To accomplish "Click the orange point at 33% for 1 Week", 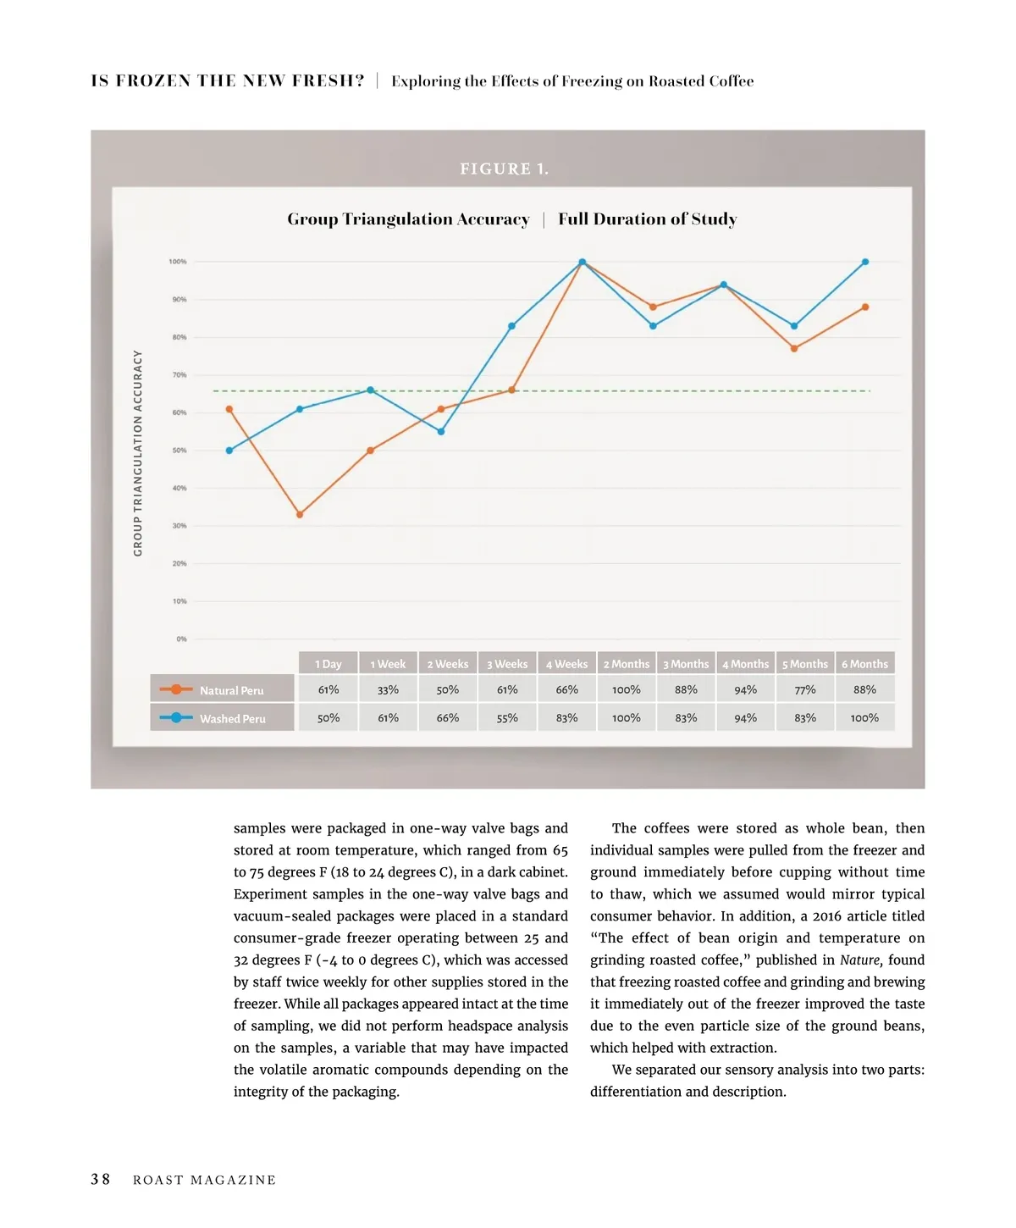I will pyautogui.click(x=300, y=514).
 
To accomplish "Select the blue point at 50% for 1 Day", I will pyautogui.click(x=229, y=451).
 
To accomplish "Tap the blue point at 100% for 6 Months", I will pyautogui.click(x=865, y=263).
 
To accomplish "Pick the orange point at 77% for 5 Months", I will pyautogui.click(x=794, y=349).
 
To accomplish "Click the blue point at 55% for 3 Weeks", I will pyautogui.click(x=441, y=432).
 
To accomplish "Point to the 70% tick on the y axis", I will pyautogui.click(x=179, y=375).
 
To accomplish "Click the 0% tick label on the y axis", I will pyautogui.click(x=181, y=639).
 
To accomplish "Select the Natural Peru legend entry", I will pyautogui.click(x=223, y=690).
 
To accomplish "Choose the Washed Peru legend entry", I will pyautogui.click(x=223, y=718).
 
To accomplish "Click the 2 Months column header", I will pyautogui.click(x=627, y=664).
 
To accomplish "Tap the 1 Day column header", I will pyautogui.click(x=329, y=664).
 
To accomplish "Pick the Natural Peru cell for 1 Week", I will pyautogui.click(x=388, y=690).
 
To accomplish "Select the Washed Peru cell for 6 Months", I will pyautogui.click(x=864, y=718).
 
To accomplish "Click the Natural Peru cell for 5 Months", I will pyautogui.click(x=805, y=690).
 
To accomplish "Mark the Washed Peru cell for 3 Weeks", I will pyautogui.click(x=507, y=718).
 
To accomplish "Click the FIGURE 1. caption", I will pyautogui.click(x=505, y=169).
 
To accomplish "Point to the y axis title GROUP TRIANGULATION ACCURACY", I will pyautogui.click(x=138, y=453).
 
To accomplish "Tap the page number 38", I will pyautogui.click(x=101, y=1180).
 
